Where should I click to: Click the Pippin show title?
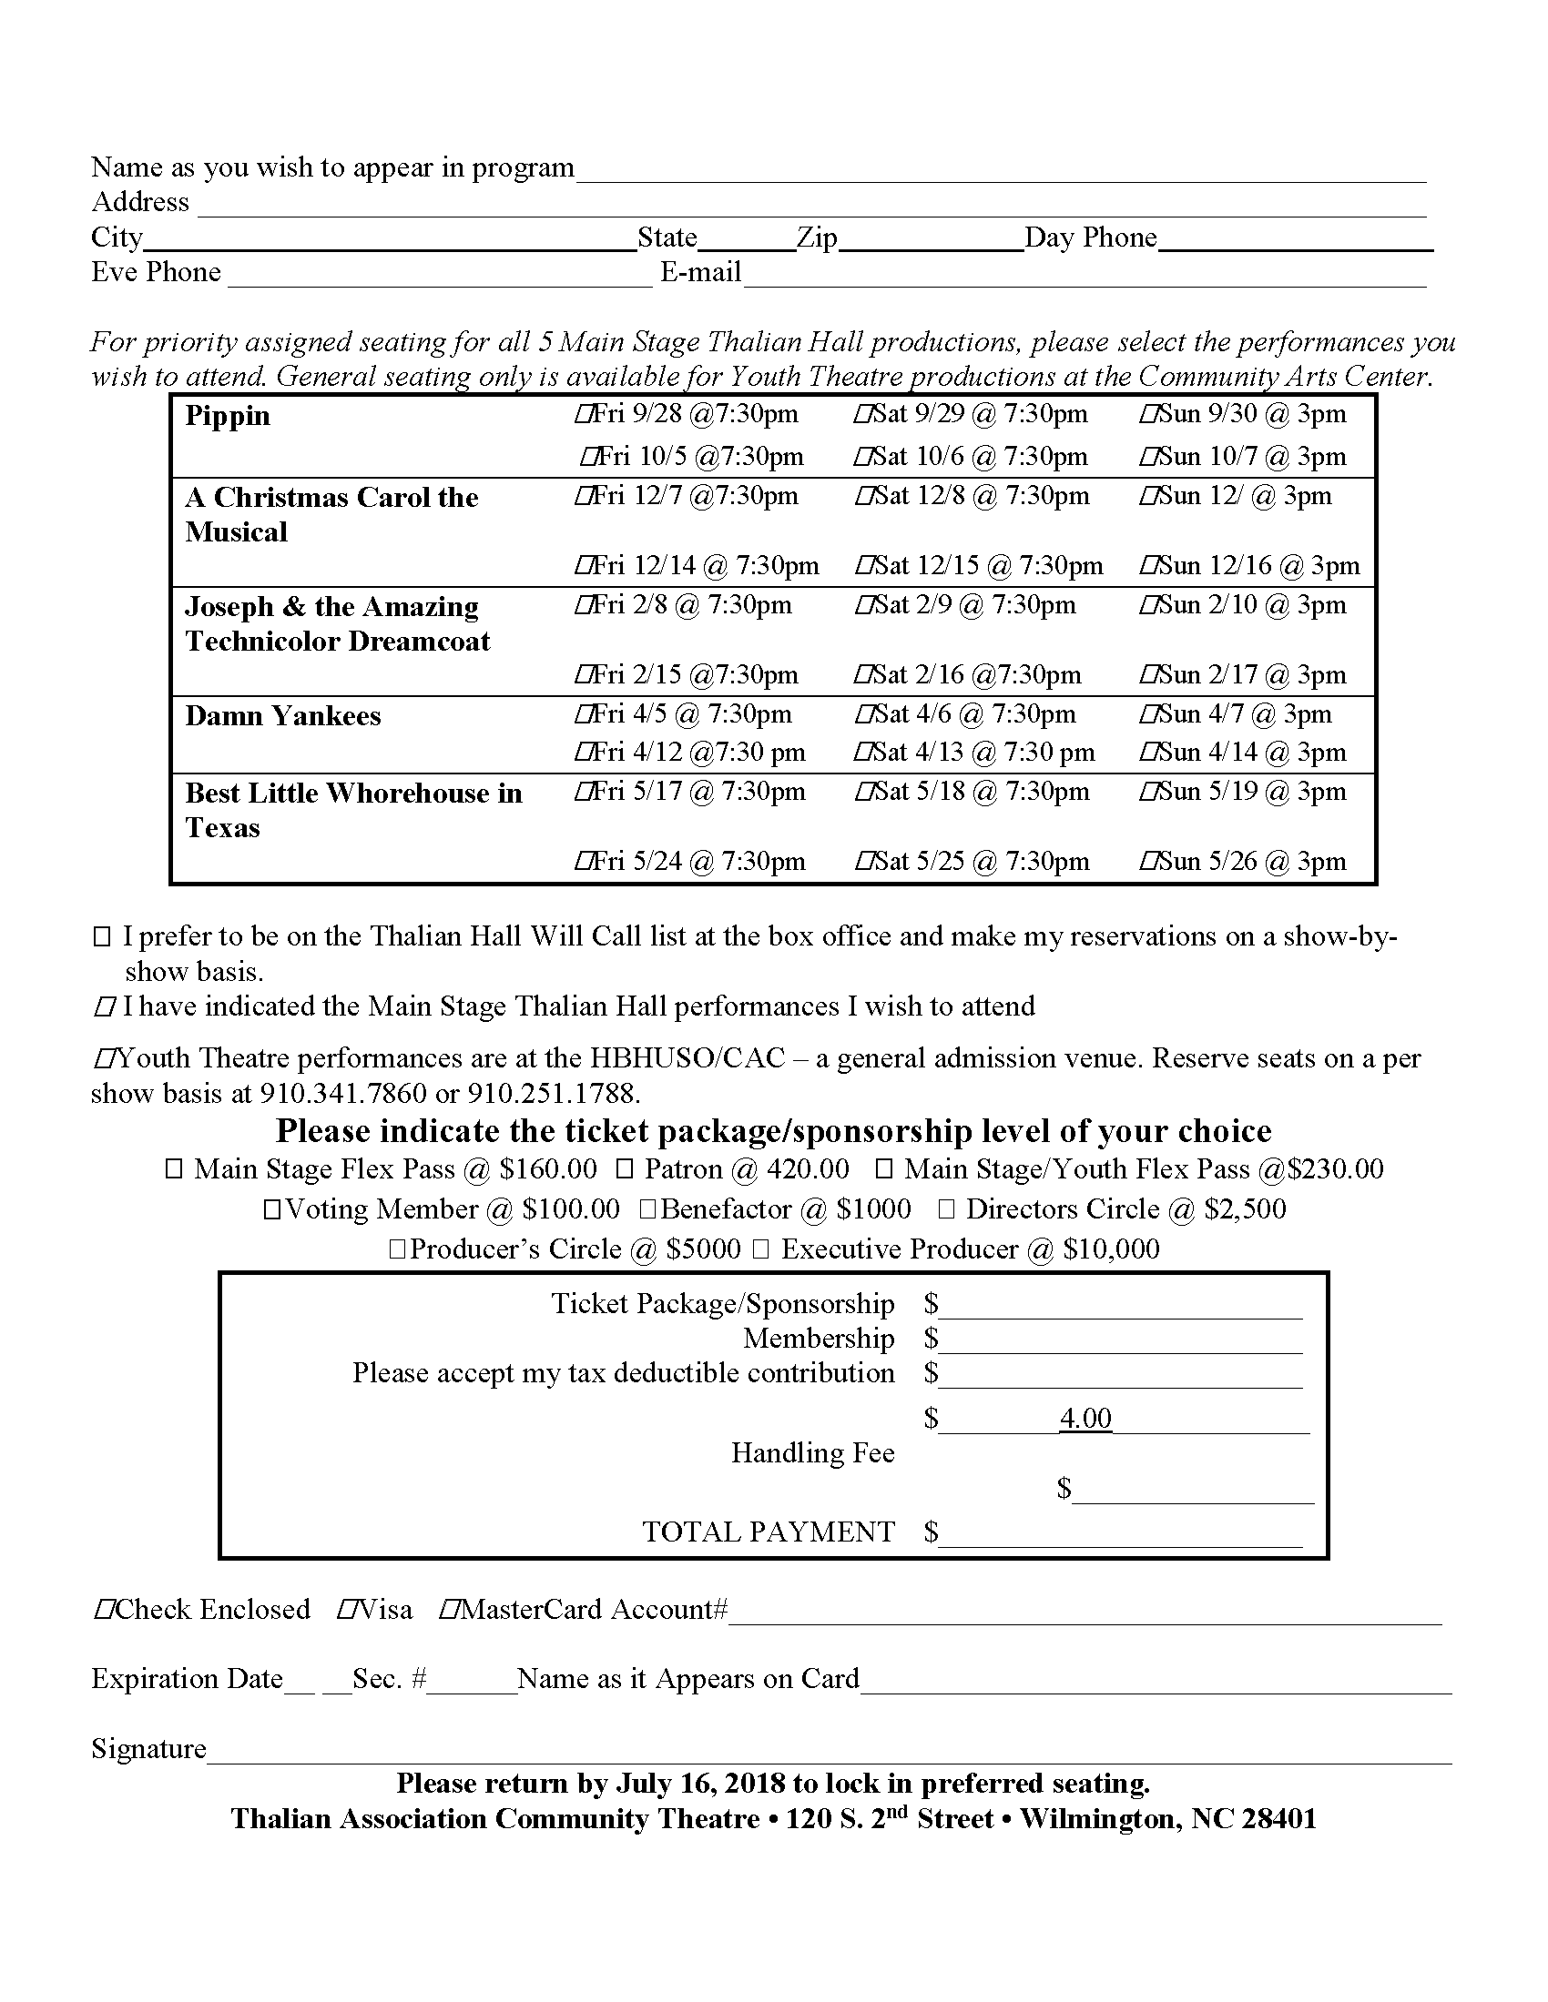click(228, 416)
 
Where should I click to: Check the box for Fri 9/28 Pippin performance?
click(584, 415)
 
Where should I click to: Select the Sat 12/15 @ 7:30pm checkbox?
click(863, 567)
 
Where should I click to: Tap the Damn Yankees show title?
click(282, 716)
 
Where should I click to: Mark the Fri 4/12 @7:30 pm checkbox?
click(584, 753)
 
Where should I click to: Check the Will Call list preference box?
click(102, 936)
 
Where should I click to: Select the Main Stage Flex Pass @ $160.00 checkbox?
click(173, 1169)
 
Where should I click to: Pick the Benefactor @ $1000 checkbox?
click(647, 1210)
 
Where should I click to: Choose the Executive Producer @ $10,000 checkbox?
click(760, 1249)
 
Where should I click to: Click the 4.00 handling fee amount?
click(1085, 1418)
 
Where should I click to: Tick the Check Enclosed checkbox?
click(103, 1610)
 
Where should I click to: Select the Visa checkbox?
click(346, 1610)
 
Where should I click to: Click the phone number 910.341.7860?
click(343, 1094)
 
